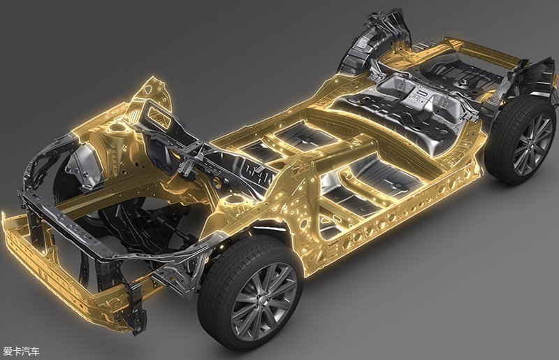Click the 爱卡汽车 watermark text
click(x=21, y=351)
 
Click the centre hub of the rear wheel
click(x=534, y=143)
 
